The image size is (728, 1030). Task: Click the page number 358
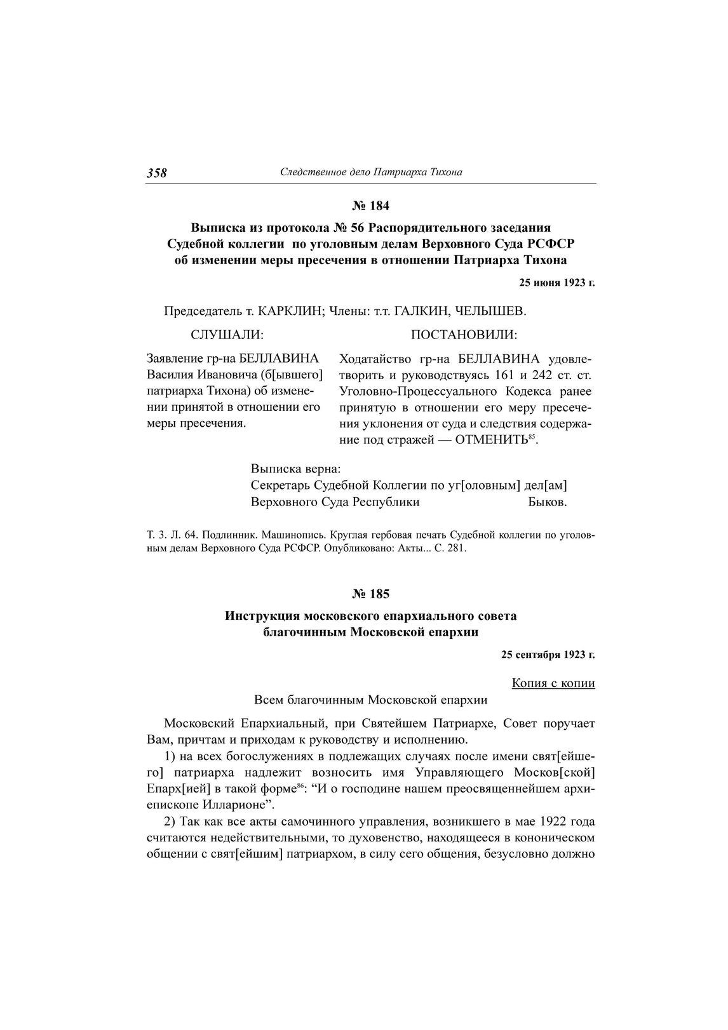156,173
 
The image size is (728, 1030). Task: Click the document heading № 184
370,206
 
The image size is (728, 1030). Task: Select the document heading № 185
370,594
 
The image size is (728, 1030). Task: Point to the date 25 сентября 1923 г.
548,653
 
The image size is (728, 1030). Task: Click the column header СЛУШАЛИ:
227,335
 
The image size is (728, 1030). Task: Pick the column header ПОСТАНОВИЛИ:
464,335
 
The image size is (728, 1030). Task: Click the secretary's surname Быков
547,502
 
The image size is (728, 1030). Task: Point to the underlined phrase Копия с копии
553,683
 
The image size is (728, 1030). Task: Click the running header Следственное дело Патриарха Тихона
371,172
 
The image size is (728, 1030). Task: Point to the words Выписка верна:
296,469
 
